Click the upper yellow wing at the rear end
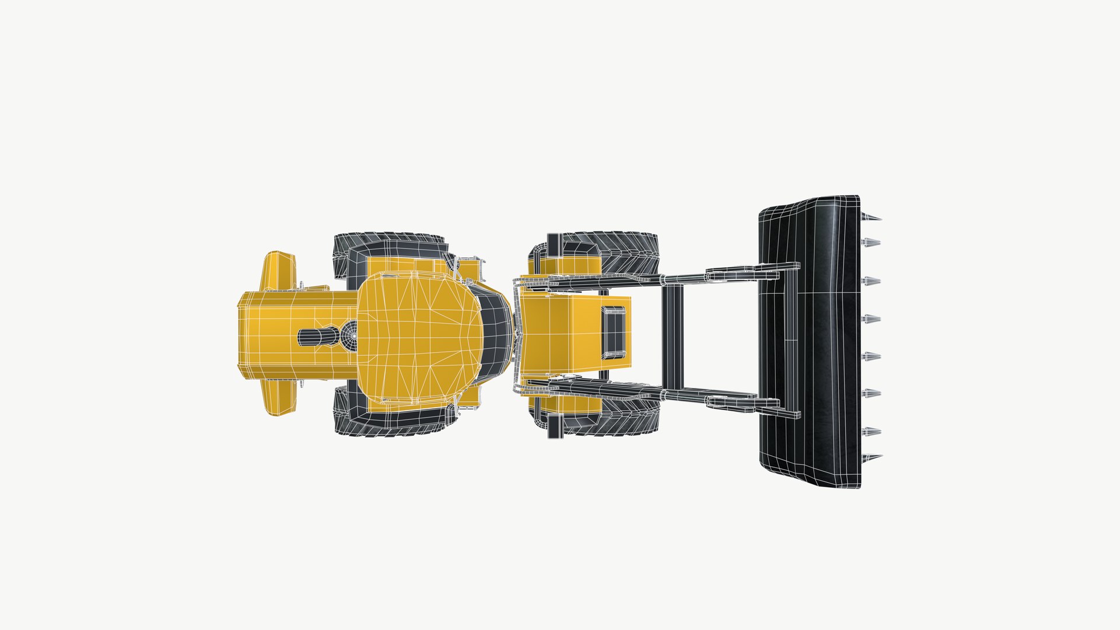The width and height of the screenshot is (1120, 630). [x=278, y=271]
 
